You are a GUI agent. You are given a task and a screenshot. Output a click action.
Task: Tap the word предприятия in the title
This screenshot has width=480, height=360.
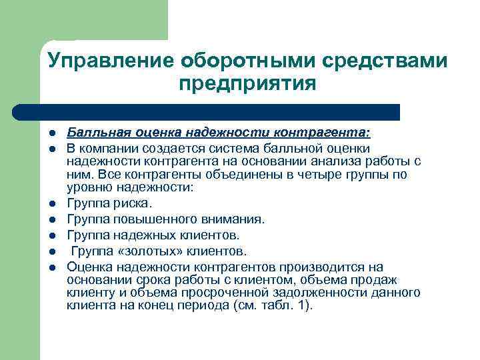click(246, 85)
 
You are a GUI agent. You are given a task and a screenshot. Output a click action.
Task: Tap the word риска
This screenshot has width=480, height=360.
click(137, 203)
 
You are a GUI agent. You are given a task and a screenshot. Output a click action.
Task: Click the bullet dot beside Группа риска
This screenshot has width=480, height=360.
click(50, 203)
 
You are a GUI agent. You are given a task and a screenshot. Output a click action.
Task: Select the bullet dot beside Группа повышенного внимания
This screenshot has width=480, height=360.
click(50, 219)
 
